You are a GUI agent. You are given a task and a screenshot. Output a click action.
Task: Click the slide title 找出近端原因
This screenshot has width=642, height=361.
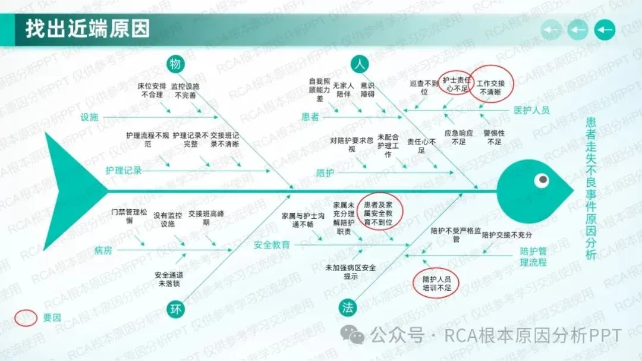click(87, 29)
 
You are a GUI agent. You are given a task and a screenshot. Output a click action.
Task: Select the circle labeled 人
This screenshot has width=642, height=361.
click(358, 64)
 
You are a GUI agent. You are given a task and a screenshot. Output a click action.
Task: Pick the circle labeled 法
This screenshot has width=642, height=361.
click(348, 307)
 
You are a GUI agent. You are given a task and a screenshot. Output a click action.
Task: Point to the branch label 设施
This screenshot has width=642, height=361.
click(89, 117)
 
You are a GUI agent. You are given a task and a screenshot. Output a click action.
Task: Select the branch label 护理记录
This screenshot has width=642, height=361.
click(124, 171)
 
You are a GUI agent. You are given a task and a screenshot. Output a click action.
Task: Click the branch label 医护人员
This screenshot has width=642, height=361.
click(531, 110)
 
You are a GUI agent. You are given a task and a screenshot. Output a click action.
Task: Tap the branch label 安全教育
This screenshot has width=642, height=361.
click(272, 244)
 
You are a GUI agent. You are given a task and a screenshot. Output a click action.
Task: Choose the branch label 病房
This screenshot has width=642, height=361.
click(103, 250)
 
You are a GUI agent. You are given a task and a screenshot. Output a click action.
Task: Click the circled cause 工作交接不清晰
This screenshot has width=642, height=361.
click(490, 88)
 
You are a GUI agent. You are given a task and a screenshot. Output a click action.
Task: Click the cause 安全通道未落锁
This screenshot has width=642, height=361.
click(168, 279)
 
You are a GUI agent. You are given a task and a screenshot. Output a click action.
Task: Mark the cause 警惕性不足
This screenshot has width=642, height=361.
click(494, 137)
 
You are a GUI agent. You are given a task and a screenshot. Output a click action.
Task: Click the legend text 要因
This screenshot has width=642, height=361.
click(52, 318)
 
